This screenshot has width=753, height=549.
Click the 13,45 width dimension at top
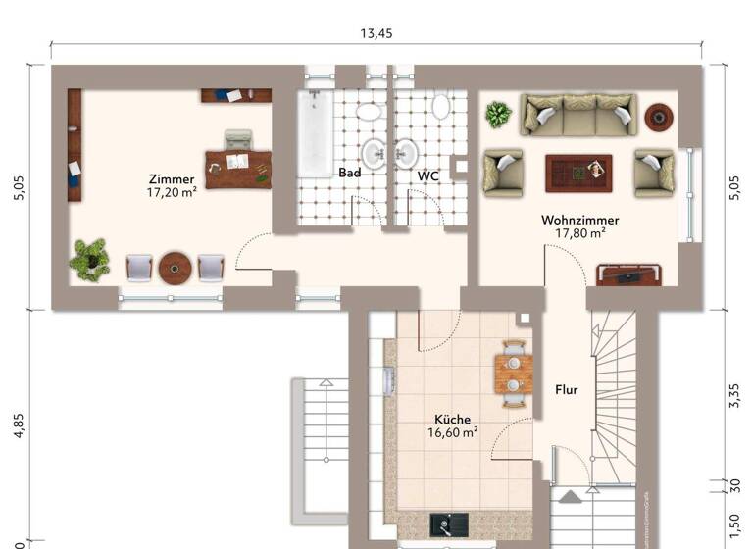pos(376,33)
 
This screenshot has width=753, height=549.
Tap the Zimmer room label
pos(172,179)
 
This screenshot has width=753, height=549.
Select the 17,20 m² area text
pos(172,193)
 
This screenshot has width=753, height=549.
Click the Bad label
pos(350,173)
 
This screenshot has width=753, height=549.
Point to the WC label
pos(428,176)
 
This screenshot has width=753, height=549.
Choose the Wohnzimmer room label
pos(579,220)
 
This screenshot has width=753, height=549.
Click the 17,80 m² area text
pos(579,233)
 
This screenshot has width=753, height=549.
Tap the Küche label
pos(452,419)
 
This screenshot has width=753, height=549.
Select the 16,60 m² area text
pos(452,431)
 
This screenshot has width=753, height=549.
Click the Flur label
pos(566,389)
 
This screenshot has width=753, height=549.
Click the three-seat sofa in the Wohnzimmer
pos(578,115)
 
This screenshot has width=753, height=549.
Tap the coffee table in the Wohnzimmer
pos(578,173)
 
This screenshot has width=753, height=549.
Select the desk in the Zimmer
pos(237,167)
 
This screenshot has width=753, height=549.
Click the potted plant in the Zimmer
pos(89,259)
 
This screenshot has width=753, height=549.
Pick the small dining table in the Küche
pos(513,374)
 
